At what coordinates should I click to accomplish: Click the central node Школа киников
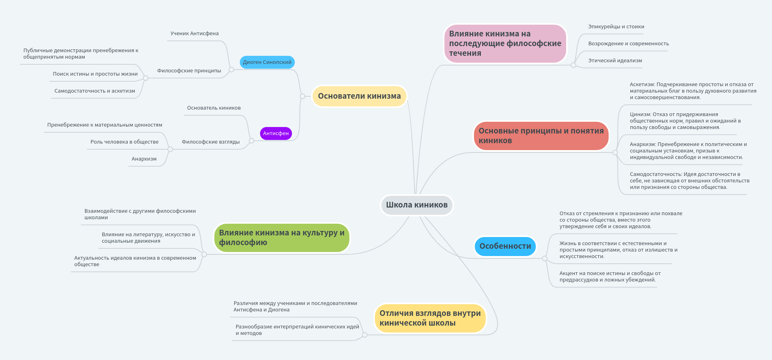pos(417,205)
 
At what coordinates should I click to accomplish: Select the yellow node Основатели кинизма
pos(359,96)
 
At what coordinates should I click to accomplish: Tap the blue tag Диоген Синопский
pos(267,62)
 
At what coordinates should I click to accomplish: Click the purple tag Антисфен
pos(276,133)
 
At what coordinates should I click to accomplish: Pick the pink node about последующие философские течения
pos(505,44)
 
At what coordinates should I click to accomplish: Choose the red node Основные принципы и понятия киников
pos(541,136)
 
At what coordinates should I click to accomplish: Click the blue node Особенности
pos(505,246)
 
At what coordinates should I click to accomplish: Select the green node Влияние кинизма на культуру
pos(281,238)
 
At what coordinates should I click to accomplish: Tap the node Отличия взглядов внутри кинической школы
pos(430,318)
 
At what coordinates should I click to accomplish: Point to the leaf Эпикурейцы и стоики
pos(616,27)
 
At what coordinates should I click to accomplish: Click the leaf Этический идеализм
pos(615,61)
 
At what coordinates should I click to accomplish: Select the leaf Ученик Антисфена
pos(195,34)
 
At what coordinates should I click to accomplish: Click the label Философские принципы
pos(189,71)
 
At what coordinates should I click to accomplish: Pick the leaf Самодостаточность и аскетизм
pos(95,91)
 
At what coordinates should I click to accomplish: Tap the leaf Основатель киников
pos(214,108)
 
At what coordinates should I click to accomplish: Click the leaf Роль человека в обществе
pos(125,142)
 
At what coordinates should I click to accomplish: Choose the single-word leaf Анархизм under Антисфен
pos(144,159)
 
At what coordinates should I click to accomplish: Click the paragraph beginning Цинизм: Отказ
pos(685,121)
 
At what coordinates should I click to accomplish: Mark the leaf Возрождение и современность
pos(628,44)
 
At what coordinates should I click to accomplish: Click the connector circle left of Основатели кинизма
pos(302,96)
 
